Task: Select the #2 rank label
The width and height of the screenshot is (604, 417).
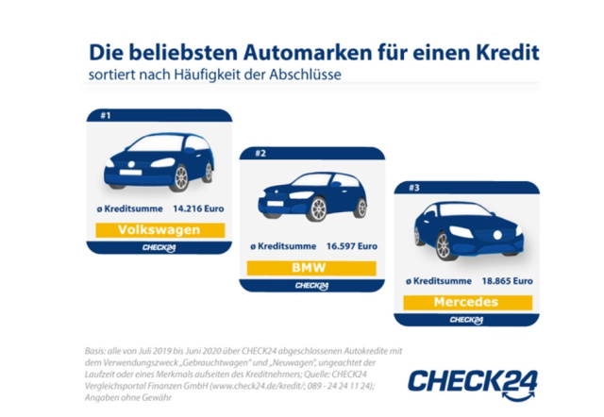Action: point(260,153)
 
